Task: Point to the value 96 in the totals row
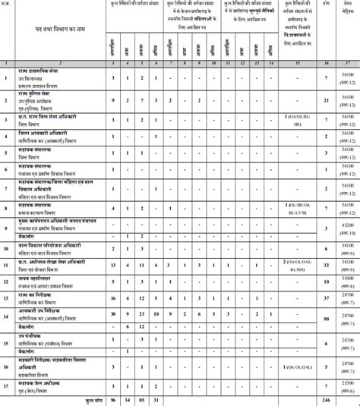pos(112,399)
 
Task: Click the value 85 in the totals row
pos(142,399)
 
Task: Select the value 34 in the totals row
pos(128,399)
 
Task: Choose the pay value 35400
pos(349,281)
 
